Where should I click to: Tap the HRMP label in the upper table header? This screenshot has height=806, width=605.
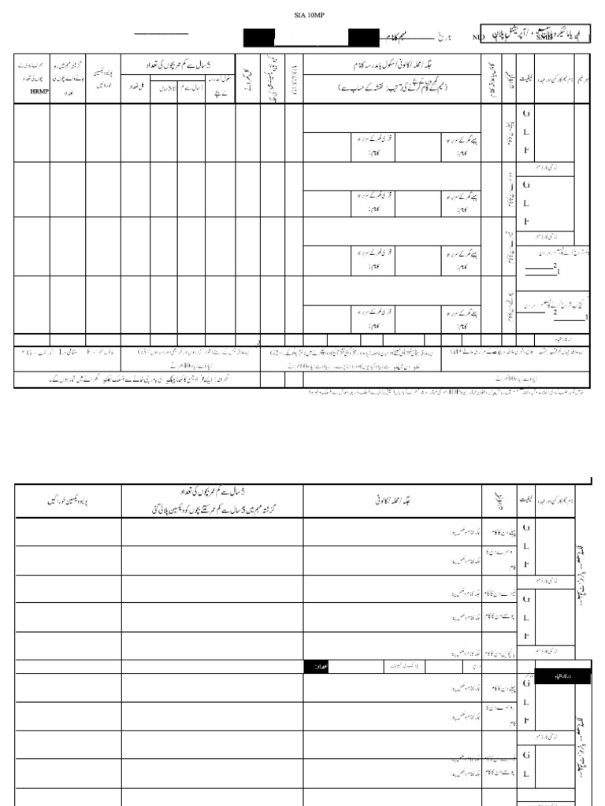[x=32, y=92]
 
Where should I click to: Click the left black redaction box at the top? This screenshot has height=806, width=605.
[x=258, y=37]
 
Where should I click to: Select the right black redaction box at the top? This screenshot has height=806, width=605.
[x=363, y=37]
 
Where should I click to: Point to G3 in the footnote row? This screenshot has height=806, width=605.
[x=143, y=353]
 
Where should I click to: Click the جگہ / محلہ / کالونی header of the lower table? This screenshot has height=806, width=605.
[x=392, y=499]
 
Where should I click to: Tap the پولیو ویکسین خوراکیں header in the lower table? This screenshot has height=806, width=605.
[x=68, y=501]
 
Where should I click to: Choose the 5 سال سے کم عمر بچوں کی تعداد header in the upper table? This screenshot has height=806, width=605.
[x=177, y=64]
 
